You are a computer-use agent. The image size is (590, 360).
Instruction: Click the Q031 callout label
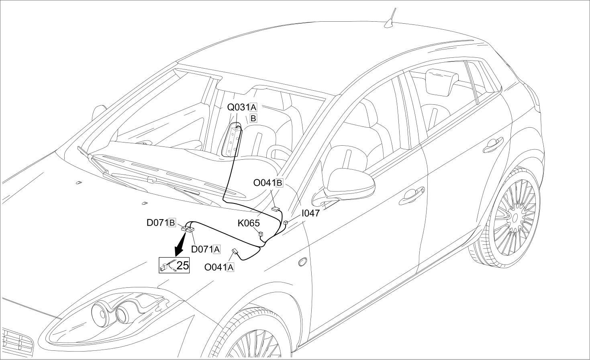pos(242,108)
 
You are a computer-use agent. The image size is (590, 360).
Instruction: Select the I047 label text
pos(310,213)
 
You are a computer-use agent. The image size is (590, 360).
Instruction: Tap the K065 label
pos(249,223)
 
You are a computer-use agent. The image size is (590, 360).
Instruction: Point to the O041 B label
pos(268,183)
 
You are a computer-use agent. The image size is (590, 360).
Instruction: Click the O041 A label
pos(219,267)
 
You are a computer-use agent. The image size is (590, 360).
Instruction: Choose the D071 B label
pos(161,223)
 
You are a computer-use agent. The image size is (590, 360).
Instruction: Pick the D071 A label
pos(206,249)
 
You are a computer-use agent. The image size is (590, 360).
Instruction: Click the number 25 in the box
pos(182,266)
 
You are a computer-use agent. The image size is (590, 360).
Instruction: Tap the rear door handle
pos(493,145)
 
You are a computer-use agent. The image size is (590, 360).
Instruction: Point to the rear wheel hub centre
pos(514,218)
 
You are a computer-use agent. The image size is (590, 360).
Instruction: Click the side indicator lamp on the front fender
pos(303,262)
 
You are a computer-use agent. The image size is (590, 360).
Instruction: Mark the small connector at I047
pos(286,223)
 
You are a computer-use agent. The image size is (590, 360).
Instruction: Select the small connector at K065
pos(261,234)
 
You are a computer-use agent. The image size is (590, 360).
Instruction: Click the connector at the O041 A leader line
pos(235,251)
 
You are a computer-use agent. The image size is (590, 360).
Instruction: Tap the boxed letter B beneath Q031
pos(253,118)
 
